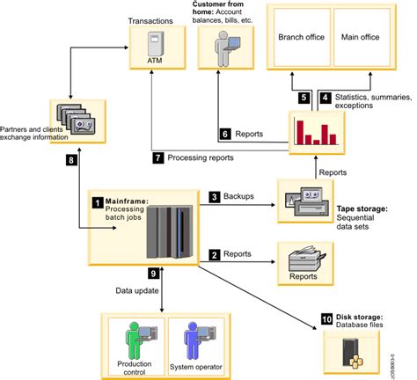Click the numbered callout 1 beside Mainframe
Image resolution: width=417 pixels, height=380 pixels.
pos(97,201)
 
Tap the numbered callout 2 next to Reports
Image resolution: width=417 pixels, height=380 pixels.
pos(214,255)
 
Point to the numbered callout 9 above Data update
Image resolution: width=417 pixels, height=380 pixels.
pos(154,274)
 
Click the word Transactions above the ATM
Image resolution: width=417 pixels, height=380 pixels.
pos(150,18)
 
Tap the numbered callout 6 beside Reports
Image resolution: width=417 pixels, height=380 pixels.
pos(225,135)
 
